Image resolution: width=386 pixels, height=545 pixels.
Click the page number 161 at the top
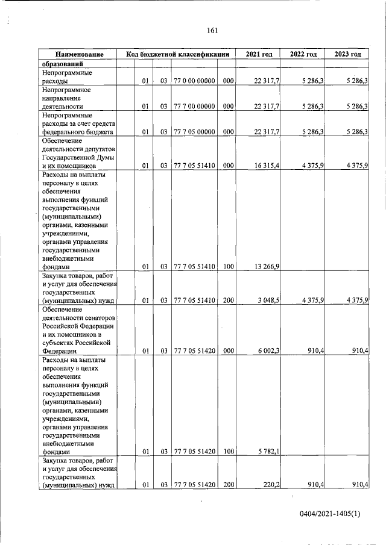coord(212,31)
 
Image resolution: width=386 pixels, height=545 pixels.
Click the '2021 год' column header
coord(259,55)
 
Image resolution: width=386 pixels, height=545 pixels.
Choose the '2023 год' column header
coord(347,55)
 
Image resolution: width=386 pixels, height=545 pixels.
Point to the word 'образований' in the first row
coord(62,64)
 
